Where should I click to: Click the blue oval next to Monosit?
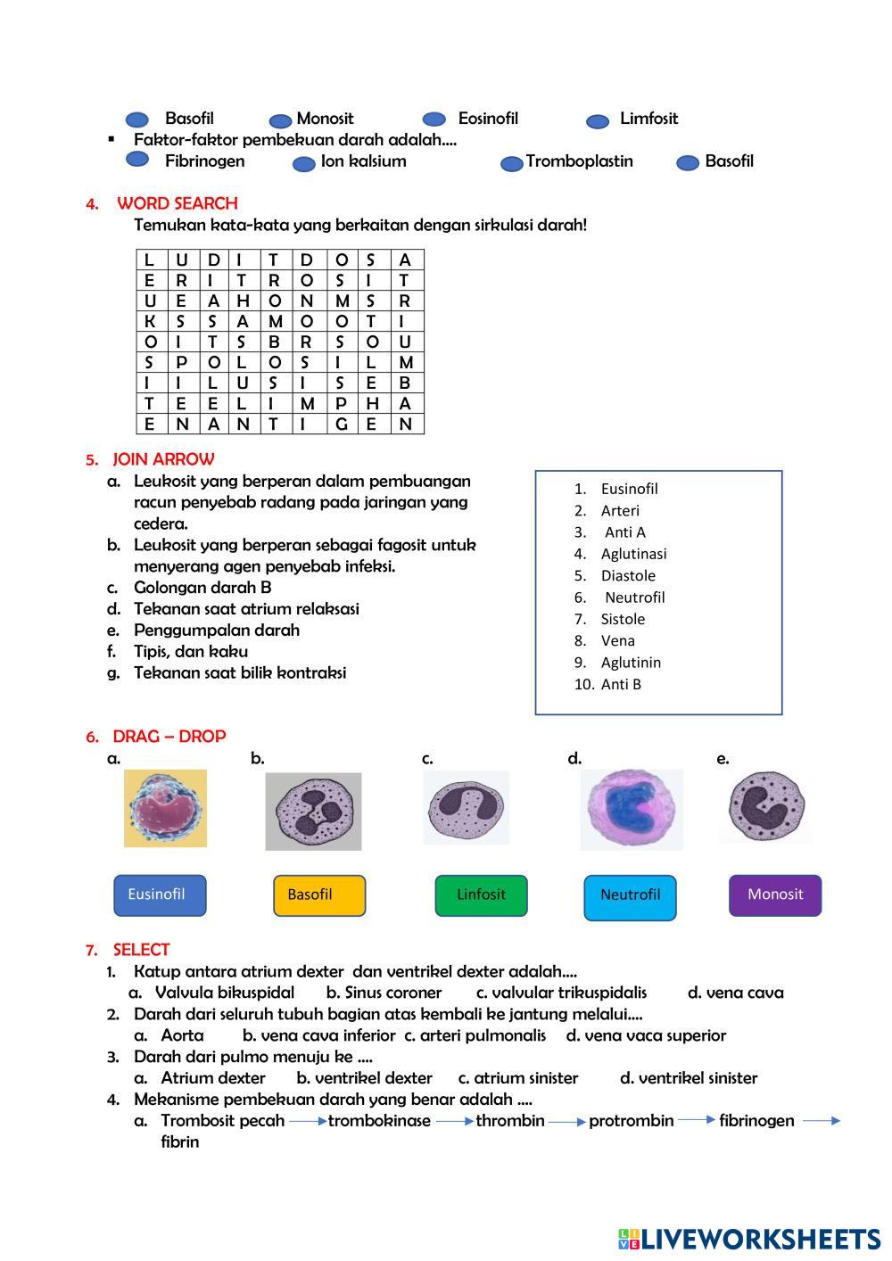281,121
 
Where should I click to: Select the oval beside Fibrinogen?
137,159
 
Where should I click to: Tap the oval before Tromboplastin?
511,164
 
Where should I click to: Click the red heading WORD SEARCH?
177,203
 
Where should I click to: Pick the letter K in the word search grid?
150,322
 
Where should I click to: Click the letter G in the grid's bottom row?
341,424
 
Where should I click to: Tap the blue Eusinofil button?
160,895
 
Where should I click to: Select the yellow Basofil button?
318,895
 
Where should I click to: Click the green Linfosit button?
481,895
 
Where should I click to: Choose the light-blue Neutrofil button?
630,897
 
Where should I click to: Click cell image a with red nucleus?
165,809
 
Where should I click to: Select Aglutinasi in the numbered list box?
633,554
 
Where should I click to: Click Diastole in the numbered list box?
628,576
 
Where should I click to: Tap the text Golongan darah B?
202,588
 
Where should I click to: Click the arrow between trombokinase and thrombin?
455,1122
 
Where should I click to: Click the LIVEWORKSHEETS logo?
749,1239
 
